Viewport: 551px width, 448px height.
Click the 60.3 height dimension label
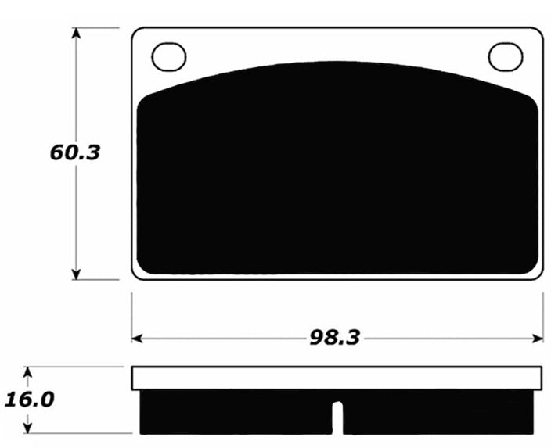75,152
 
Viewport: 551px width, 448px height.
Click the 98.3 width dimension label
336,338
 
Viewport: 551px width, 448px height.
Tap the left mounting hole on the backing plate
169,56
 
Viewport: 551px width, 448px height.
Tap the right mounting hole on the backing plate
505,56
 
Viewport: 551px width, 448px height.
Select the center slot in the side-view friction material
337,418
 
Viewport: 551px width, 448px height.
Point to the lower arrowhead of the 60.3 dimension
76,273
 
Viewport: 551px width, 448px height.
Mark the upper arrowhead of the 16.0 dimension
28,371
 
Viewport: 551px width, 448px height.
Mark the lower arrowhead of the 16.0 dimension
28,427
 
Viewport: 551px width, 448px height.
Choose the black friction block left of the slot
235,412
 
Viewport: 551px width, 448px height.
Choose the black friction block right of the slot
438,412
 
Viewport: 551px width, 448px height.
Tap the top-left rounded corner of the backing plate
137,34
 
